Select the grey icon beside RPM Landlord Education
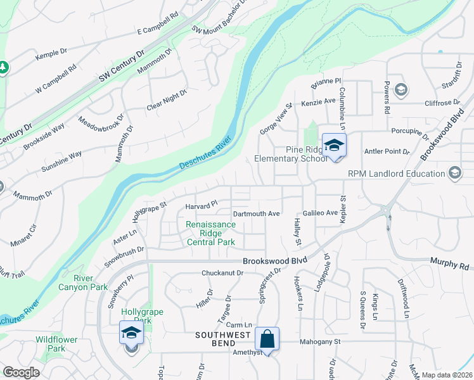point(454,173)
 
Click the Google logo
point(21,372)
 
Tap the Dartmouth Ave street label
point(256,214)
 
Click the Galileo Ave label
point(320,213)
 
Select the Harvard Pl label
point(201,206)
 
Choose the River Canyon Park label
point(91,282)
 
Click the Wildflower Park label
point(56,344)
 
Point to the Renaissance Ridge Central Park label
point(210,232)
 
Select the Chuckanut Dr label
point(222,273)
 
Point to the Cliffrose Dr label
point(442,103)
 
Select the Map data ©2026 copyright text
point(447,375)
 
